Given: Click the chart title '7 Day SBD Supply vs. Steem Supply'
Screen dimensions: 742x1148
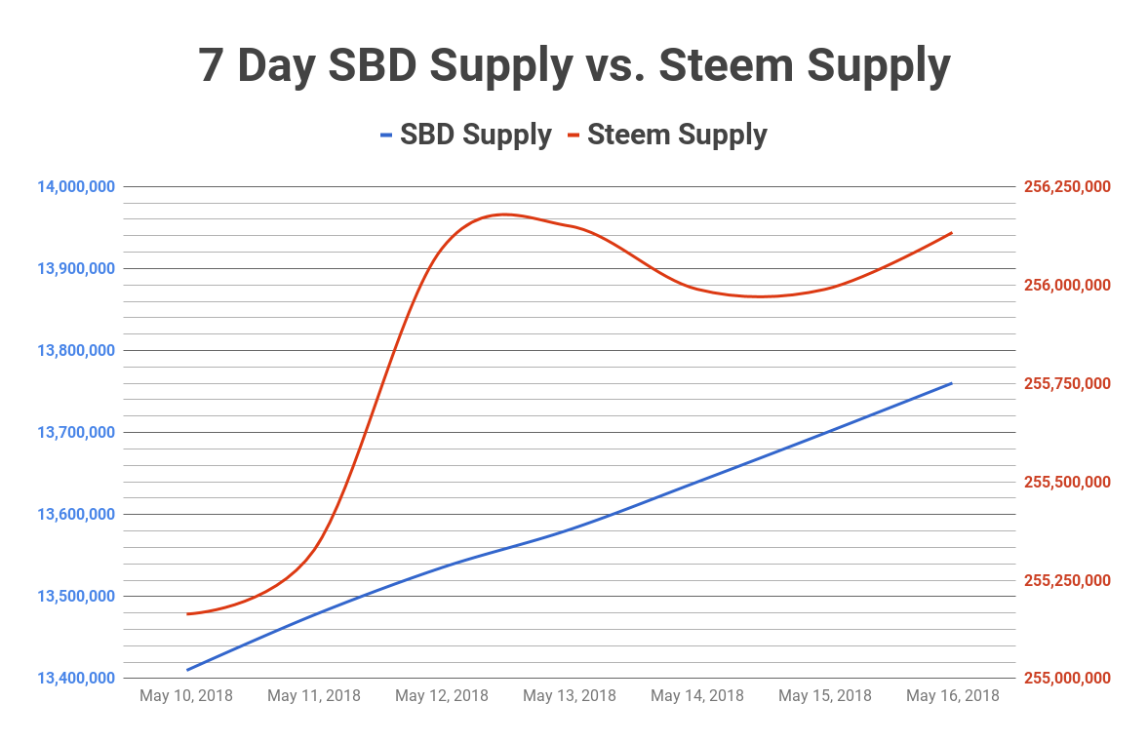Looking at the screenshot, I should pyautogui.click(x=574, y=66).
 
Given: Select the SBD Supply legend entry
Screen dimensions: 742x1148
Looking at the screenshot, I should pyautogui.click(x=466, y=135).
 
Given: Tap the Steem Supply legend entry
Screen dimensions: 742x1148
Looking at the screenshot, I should pyautogui.click(x=677, y=135).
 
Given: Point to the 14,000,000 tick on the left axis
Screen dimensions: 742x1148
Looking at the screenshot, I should pyautogui.click(x=76, y=186).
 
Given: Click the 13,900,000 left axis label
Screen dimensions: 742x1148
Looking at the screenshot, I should pyautogui.click(x=76, y=268).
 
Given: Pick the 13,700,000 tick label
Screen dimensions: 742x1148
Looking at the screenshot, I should pyautogui.click(x=76, y=432).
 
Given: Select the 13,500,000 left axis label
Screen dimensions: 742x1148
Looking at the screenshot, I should pyautogui.click(x=76, y=596).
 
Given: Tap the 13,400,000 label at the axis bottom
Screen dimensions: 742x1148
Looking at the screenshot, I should pyautogui.click(x=76, y=678).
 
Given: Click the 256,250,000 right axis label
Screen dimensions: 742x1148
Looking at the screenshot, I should pyautogui.click(x=1066, y=186).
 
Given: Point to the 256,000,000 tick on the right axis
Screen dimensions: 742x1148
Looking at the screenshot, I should pyautogui.click(x=1066, y=285).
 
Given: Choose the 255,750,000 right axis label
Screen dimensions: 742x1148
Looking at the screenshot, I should pyautogui.click(x=1066, y=383).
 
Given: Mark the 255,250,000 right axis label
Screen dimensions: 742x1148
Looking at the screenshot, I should pyautogui.click(x=1066, y=580).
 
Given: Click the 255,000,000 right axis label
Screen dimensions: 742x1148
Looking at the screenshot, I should pyautogui.click(x=1066, y=678).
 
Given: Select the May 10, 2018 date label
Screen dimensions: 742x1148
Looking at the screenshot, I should pyautogui.click(x=186, y=695).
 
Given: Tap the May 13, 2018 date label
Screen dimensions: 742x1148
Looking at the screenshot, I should pyautogui.click(x=570, y=695).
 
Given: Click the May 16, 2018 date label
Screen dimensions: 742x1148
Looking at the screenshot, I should pyautogui.click(x=952, y=695).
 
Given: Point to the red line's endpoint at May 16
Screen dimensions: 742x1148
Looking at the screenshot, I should pyautogui.click(x=952, y=233).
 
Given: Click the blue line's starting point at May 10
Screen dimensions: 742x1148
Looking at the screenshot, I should pyautogui.click(x=187, y=670).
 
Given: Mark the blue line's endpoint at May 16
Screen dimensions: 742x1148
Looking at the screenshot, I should pyautogui.click(x=952, y=383).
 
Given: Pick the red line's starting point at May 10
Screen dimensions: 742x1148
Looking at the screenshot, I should pyautogui.click(x=187, y=613).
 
